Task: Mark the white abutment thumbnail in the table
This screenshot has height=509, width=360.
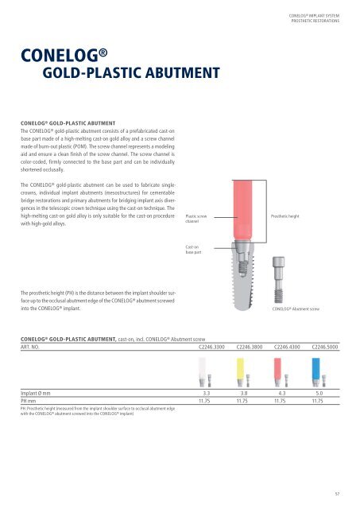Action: (x=201, y=376)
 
